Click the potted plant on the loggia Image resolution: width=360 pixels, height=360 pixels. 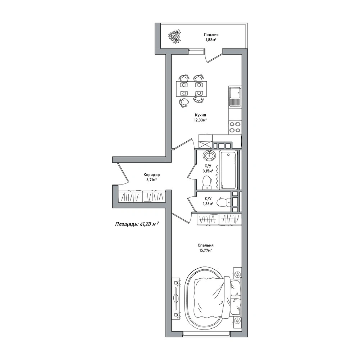(175, 36)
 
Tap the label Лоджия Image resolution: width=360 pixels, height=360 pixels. (211, 35)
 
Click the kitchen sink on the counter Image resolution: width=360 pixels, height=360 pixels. (235, 97)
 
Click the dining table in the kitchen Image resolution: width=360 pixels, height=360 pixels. (191, 89)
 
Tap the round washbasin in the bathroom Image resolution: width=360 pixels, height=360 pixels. (209, 156)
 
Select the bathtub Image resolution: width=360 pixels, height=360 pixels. (228, 170)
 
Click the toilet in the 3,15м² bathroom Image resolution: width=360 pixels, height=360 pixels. (207, 183)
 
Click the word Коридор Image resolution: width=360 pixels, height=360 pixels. (151, 175)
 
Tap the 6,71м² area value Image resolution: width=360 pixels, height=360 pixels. (151, 180)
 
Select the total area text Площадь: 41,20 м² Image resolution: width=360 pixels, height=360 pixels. (137, 224)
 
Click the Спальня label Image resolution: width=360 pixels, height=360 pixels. (205, 245)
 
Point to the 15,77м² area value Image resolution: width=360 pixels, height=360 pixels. (205, 251)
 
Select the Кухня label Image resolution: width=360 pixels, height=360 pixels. (200, 115)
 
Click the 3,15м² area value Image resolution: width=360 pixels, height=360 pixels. (208, 171)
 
